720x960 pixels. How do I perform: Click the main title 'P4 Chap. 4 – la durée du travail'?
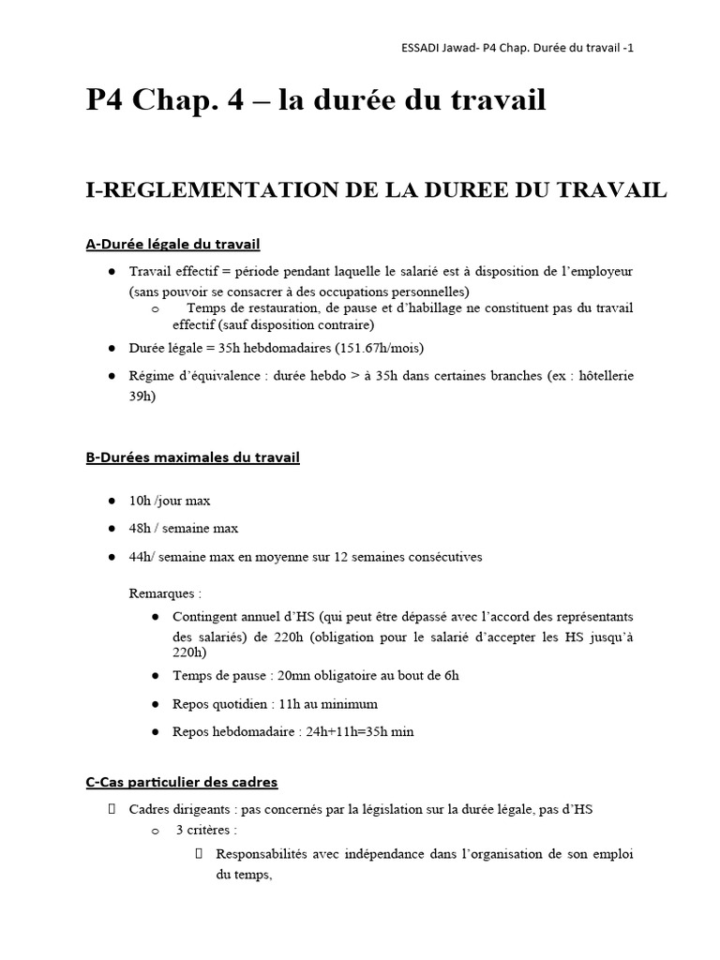[316, 99]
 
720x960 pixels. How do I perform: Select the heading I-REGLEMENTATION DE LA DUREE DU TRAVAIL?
[376, 189]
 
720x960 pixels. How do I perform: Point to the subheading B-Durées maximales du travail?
[192, 457]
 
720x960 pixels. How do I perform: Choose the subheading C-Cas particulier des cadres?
[182, 781]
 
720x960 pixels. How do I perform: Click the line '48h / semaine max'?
[183, 529]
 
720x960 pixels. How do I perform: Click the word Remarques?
[161, 592]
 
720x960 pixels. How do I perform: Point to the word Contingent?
[204, 616]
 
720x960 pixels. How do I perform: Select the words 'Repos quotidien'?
[218, 703]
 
